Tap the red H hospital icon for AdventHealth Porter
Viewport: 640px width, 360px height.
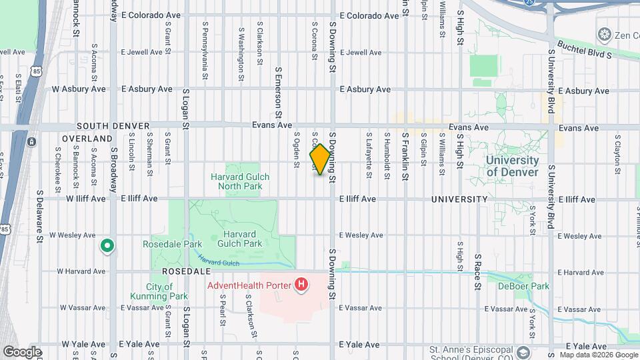pos(302,285)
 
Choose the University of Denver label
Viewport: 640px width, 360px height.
pos(512,166)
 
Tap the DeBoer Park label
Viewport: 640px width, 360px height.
pos(523,286)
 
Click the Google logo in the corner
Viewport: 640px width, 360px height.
pos(22,352)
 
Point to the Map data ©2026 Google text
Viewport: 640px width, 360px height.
pos(599,355)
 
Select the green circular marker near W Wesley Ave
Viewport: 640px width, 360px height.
pos(107,247)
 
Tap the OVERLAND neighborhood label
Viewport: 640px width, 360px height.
pos(87,139)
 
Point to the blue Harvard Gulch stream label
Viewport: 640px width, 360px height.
pos(218,263)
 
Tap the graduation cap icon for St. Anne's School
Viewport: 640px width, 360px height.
pos(524,352)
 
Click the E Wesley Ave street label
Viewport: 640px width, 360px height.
pos(361,235)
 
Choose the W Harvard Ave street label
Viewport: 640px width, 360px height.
pos(81,271)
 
